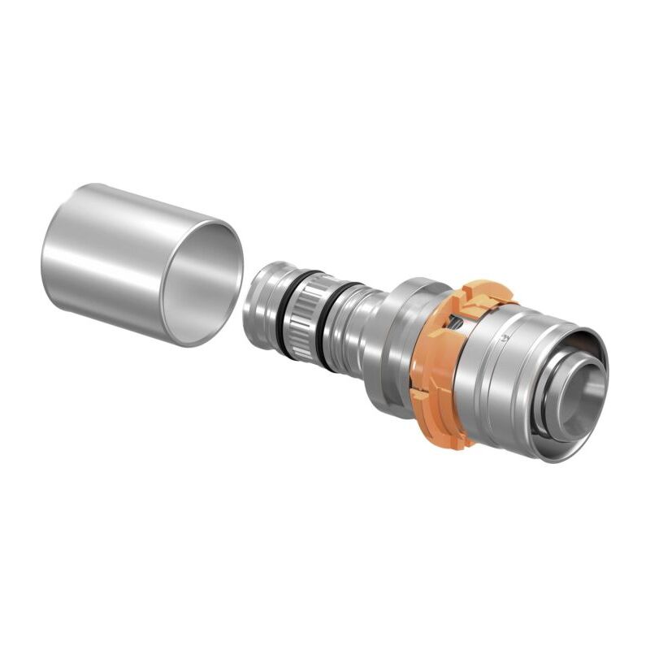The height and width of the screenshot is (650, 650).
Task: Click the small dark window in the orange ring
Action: click(460, 325)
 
